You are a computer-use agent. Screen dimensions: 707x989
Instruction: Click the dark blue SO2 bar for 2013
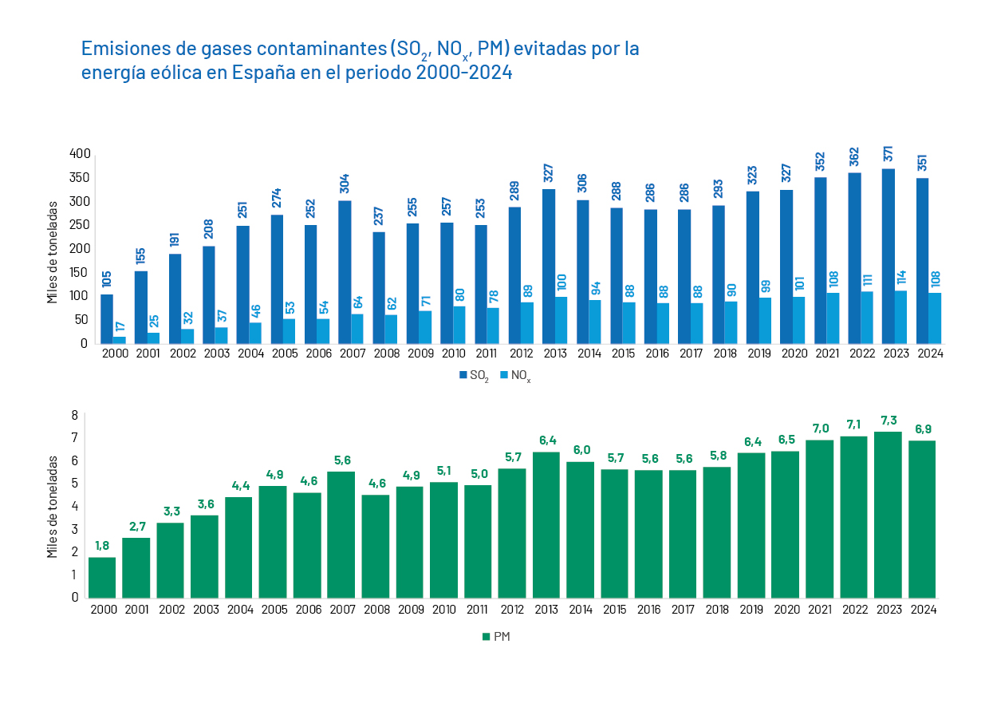point(549,266)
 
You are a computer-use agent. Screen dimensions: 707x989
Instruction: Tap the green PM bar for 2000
point(102,577)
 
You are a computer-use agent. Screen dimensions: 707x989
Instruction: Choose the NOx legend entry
point(514,376)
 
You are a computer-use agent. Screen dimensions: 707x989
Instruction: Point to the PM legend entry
point(495,637)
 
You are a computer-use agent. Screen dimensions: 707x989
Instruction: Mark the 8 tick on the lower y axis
point(75,415)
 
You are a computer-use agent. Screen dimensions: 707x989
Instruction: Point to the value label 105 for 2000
point(107,279)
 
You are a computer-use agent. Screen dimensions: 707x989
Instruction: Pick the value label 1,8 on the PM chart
point(102,546)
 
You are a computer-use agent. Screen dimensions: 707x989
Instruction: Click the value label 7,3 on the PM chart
point(888,420)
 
